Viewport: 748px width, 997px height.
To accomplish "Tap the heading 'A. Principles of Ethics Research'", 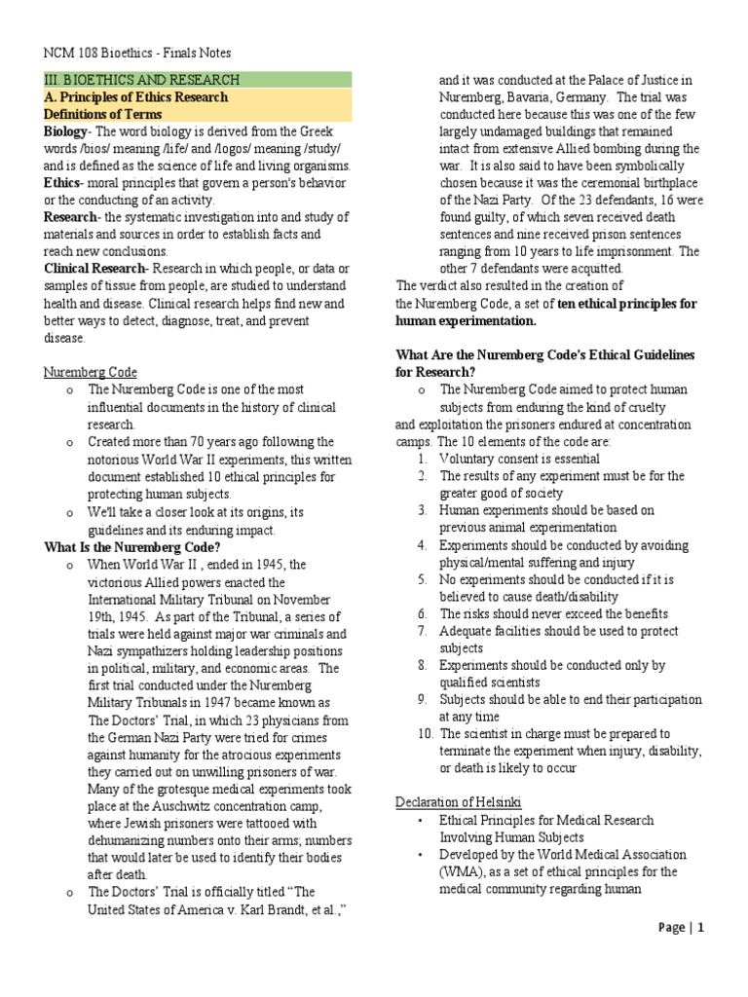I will coord(136,97).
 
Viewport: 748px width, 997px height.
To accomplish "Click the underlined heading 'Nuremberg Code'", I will coord(91,372).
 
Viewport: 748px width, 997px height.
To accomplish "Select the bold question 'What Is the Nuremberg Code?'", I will coord(133,547).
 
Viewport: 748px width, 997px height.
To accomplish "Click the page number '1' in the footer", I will coord(699,928).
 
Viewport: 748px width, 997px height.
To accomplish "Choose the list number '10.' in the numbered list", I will coord(424,733).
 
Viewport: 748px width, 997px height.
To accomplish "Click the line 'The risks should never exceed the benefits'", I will coord(553,613).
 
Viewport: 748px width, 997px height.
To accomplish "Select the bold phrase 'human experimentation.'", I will coord(466,320).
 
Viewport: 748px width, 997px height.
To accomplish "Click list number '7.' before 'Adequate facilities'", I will coord(422,631).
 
